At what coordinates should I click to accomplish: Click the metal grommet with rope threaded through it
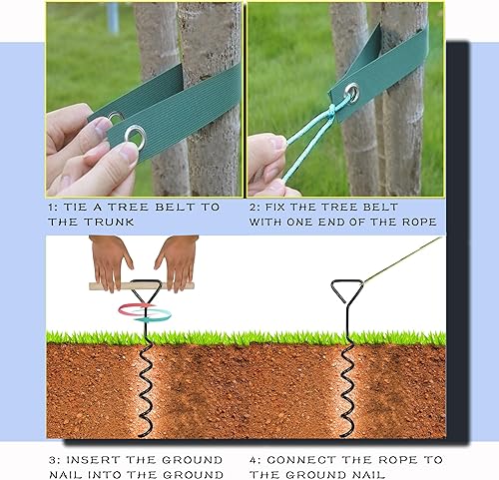tap(351, 95)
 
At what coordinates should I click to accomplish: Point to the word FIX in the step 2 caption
tap(281, 207)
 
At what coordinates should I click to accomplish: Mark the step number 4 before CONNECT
tap(252, 459)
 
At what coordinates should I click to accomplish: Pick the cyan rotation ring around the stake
tap(150, 315)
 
